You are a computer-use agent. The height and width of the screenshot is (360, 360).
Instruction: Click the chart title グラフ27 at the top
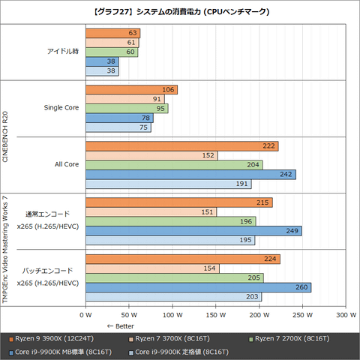coord(180,12)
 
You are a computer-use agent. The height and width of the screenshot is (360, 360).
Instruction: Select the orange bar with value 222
coord(182,145)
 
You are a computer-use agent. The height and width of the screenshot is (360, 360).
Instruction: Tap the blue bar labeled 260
coord(199,287)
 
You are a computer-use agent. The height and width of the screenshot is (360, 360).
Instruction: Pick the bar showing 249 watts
coord(193,231)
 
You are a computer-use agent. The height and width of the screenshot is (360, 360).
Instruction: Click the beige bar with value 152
coord(151,155)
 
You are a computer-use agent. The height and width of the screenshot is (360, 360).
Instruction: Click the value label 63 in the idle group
coord(133,33)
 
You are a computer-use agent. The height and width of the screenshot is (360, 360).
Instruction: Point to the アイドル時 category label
coord(63,52)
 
